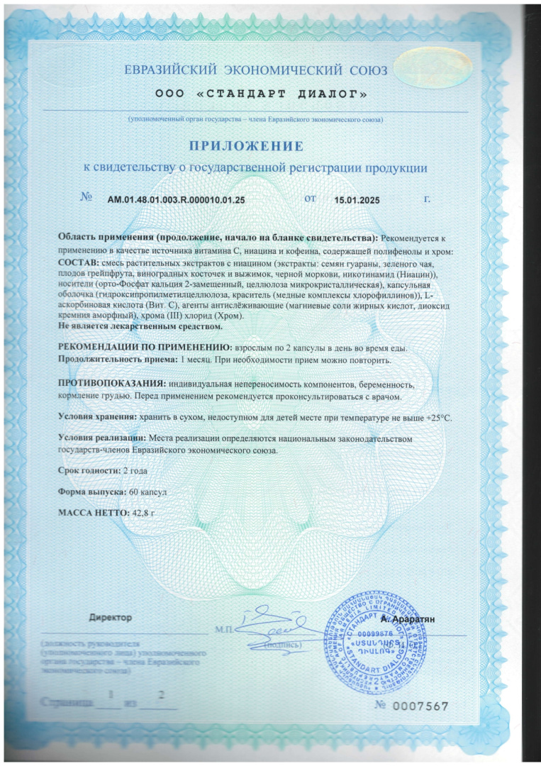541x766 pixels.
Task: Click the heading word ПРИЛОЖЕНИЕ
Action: [x=245, y=146]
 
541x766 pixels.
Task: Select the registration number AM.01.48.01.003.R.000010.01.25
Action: [x=176, y=200]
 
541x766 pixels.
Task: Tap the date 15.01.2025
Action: [x=357, y=200]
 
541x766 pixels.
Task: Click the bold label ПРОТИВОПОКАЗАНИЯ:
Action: [x=111, y=384]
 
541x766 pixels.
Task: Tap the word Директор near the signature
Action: [x=110, y=617]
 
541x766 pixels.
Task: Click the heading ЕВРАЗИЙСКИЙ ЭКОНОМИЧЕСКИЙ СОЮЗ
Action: [x=256, y=71]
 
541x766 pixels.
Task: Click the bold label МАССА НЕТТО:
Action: [x=89, y=512]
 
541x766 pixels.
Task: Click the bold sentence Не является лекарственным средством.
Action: [x=140, y=326]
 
